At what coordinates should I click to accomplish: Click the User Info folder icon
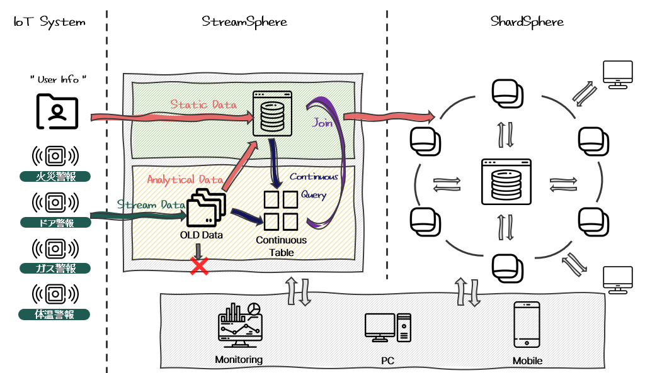click(x=57, y=111)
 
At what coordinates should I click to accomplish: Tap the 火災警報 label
click(x=55, y=177)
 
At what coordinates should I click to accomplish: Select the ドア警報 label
click(x=55, y=223)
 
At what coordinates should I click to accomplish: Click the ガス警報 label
click(x=55, y=268)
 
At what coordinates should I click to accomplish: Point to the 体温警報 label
click(x=54, y=315)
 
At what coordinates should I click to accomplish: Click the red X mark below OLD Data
click(x=199, y=266)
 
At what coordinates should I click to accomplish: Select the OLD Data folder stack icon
click(x=206, y=208)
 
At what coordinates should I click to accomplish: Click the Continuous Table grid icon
click(x=281, y=211)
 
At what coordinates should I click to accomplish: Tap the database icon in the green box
click(x=272, y=113)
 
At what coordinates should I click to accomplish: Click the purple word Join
click(x=322, y=123)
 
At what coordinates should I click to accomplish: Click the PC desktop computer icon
click(x=388, y=328)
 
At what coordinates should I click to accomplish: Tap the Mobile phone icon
click(x=527, y=325)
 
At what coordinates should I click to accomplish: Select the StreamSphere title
click(x=244, y=22)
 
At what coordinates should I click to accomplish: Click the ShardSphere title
click(x=527, y=22)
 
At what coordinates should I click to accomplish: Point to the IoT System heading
click(x=49, y=22)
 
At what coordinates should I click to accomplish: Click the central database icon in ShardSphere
click(x=506, y=182)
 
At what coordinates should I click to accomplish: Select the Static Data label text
click(x=203, y=104)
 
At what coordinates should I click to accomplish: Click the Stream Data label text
click(x=151, y=204)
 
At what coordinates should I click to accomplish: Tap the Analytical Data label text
click(x=185, y=179)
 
